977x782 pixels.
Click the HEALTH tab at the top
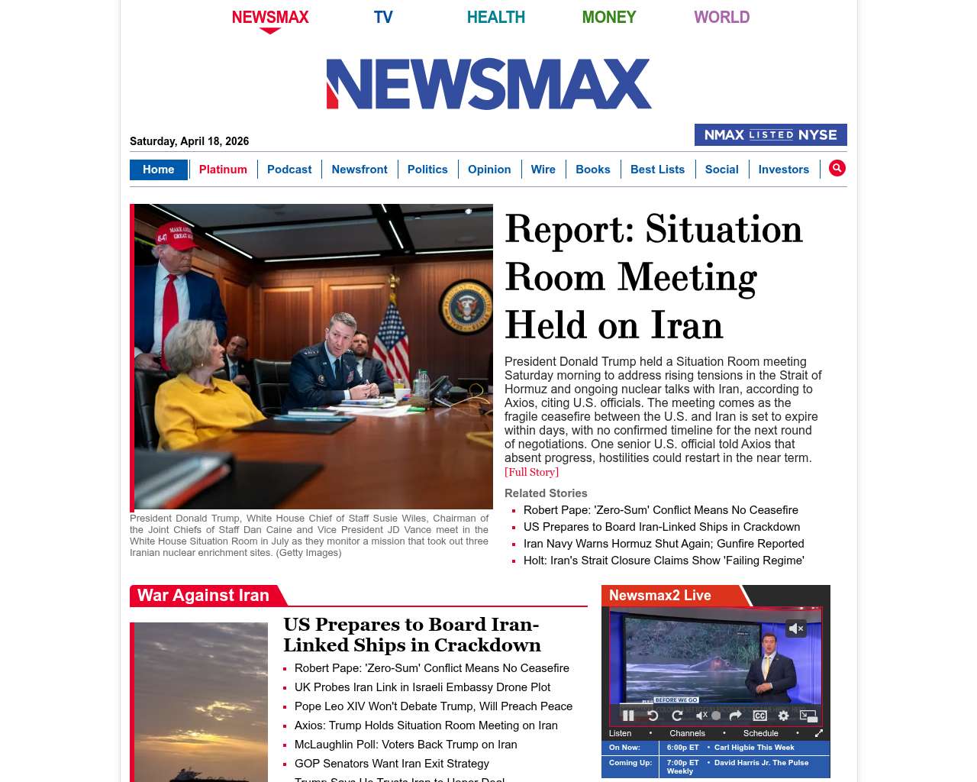(x=495, y=17)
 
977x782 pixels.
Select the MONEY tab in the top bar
(x=608, y=17)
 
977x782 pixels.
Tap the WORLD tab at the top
(x=721, y=17)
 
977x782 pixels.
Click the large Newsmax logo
(x=488, y=84)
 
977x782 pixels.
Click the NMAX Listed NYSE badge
(x=770, y=135)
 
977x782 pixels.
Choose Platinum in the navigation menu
(x=223, y=170)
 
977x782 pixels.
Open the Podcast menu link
(x=289, y=170)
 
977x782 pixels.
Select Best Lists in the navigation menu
(x=657, y=170)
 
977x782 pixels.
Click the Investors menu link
(x=783, y=170)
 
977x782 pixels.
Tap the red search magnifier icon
(x=837, y=168)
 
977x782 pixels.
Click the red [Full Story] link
(x=531, y=472)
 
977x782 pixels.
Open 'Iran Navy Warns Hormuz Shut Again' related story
(x=663, y=544)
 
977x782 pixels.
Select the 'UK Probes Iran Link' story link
(x=422, y=687)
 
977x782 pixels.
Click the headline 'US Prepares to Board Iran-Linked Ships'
(x=411, y=635)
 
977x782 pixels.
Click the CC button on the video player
(x=759, y=716)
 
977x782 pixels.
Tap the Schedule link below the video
(x=761, y=733)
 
